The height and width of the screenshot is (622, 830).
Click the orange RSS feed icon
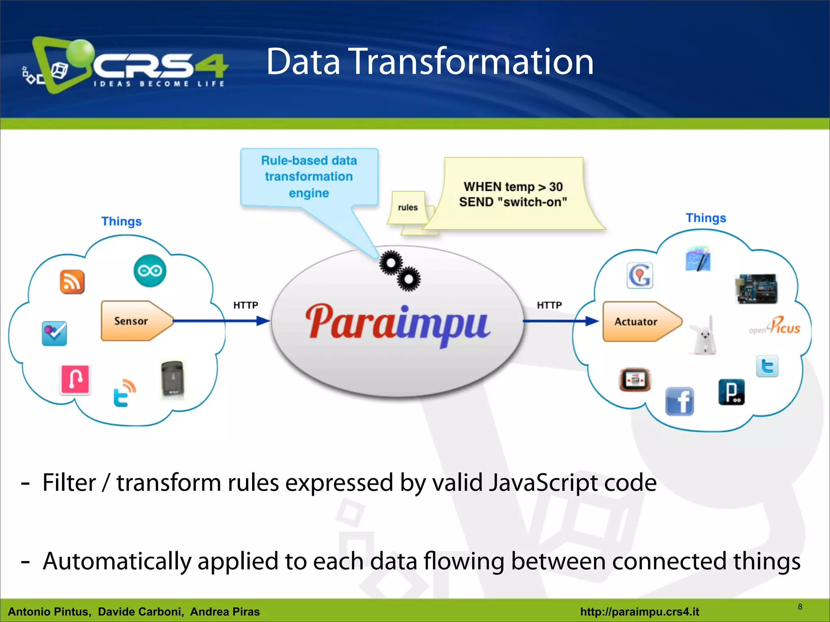coord(72,281)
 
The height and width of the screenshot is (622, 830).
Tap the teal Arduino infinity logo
coord(150,271)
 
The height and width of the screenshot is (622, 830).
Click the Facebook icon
coord(680,401)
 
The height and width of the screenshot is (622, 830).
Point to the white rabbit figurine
coord(704,336)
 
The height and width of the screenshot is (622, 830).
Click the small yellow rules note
coord(408,207)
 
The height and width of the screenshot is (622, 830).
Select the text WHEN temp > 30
coord(513,187)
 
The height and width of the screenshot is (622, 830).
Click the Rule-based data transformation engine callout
coord(309,177)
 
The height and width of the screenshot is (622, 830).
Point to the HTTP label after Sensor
coord(246,305)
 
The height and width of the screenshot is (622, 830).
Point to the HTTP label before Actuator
coord(549,305)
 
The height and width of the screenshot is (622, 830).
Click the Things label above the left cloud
coord(121,221)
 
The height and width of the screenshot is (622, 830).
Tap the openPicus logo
coord(775,326)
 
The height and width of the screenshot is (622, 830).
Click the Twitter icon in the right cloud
coord(767,366)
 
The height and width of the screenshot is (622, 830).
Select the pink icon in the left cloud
coord(75,379)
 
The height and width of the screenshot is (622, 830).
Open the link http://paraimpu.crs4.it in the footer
coord(640,611)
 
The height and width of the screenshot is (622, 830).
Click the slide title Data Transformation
coord(430,62)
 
